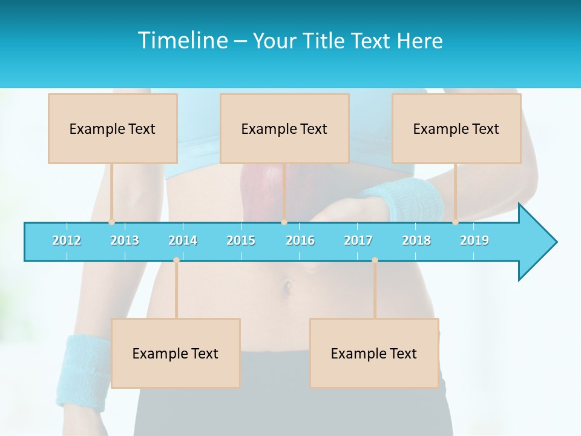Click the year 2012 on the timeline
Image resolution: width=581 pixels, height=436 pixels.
[x=67, y=240]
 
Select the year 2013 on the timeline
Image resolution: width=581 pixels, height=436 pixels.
[x=125, y=240]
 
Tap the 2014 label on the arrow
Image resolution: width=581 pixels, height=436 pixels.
[x=183, y=240]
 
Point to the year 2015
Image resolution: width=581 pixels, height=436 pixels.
[x=241, y=240]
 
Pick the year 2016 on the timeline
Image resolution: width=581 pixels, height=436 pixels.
[x=300, y=240]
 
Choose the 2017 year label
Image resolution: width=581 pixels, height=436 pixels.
[x=358, y=240]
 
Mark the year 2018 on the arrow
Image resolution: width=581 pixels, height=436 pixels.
[x=416, y=240]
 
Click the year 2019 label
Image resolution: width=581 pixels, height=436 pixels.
[x=474, y=240]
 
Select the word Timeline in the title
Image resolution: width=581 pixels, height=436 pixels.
[x=181, y=41]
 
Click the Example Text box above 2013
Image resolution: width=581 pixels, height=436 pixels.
[x=113, y=128]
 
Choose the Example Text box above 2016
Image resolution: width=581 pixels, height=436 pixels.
[x=284, y=128]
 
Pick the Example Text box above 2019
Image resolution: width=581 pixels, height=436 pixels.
[x=456, y=128]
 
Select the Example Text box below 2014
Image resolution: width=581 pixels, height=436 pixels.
[x=176, y=353]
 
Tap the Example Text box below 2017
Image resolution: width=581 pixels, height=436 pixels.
[x=374, y=353]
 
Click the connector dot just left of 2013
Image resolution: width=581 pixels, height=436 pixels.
[x=111, y=222]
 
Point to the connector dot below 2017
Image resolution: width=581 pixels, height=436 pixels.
[x=375, y=260]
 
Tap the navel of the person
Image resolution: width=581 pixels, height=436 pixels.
[x=288, y=285]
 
